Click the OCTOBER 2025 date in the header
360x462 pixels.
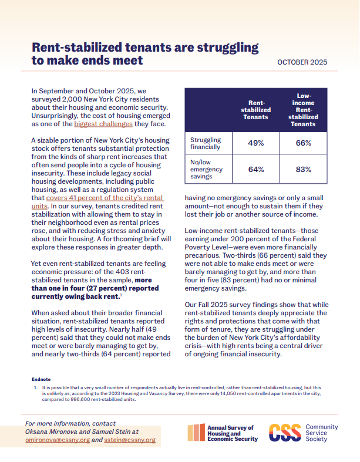click(302, 62)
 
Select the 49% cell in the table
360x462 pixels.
click(256, 143)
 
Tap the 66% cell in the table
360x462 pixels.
click(304, 143)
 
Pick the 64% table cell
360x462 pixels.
click(256, 170)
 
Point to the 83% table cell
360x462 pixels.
click(304, 170)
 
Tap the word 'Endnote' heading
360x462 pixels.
click(41, 379)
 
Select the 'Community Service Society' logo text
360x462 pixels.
click(322, 432)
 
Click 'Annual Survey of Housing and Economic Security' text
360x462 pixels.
click(231, 433)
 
